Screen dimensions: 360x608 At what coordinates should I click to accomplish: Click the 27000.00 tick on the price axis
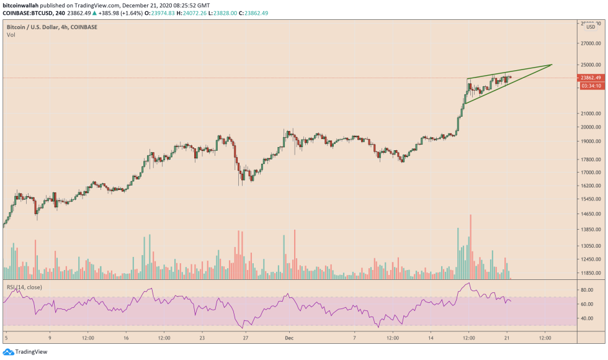coord(590,43)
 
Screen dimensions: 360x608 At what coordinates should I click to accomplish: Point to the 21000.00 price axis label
coord(590,114)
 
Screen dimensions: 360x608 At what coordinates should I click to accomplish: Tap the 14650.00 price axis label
coord(590,214)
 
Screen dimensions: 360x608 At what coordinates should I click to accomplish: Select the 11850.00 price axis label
coord(590,272)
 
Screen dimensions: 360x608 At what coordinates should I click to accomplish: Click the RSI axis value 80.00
coord(586,290)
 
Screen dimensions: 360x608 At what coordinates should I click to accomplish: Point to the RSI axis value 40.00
coord(586,318)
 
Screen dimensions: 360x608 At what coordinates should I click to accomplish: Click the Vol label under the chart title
coord(11,35)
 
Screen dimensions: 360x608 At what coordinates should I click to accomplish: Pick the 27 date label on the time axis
coord(246,338)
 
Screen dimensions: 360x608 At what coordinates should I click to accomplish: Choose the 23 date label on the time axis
coord(202,338)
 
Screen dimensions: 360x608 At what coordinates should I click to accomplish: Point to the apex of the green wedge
coord(552,65)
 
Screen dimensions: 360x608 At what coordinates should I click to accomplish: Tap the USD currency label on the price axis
coord(590,27)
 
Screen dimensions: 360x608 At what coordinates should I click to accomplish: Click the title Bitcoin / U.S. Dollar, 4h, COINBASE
coord(51,27)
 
